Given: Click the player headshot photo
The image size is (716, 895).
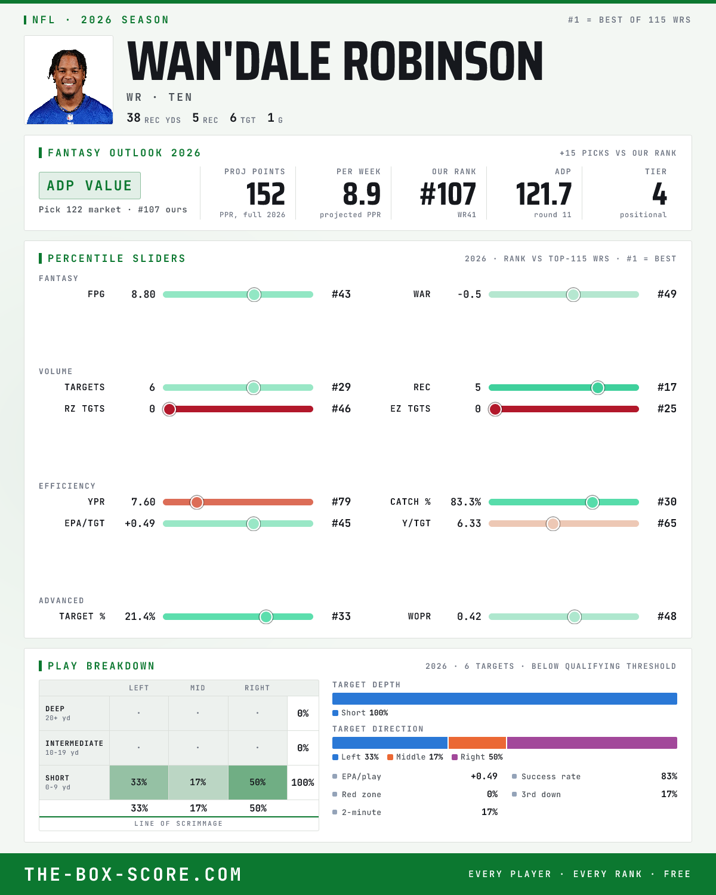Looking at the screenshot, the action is pyautogui.click(x=69, y=79).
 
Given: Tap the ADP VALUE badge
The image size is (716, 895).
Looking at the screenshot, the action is pyautogui.click(x=89, y=186).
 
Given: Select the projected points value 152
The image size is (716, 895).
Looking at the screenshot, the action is pyautogui.click(x=266, y=195).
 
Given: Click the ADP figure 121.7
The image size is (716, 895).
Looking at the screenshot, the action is pyautogui.click(x=544, y=195).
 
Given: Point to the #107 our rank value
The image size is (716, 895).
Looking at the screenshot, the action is pyautogui.click(x=447, y=195).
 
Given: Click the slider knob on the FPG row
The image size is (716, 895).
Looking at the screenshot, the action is pyautogui.click(x=254, y=294).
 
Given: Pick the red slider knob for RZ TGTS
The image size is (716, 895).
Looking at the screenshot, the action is pyautogui.click(x=169, y=409).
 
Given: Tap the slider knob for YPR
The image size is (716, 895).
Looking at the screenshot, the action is pyautogui.click(x=197, y=502).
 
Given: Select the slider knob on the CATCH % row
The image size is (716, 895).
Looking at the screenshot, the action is pyautogui.click(x=592, y=502).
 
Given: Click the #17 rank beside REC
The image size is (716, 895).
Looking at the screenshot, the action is pyautogui.click(x=667, y=387).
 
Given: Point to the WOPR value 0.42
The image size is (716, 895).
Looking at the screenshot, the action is pyautogui.click(x=469, y=616).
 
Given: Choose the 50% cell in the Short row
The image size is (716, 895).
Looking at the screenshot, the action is pyautogui.click(x=258, y=782).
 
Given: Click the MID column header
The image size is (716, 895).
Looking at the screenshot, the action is pyautogui.click(x=197, y=688).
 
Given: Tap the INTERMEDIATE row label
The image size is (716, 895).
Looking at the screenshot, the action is pyautogui.click(x=74, y=743).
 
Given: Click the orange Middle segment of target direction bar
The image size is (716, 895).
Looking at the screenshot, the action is pyautogui.click(x=477, y=743).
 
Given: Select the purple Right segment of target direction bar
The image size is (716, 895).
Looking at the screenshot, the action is pyautogui.click(x=592, y=743).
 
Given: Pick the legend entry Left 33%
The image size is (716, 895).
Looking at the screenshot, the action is pyautogui.click(x=356, y=757).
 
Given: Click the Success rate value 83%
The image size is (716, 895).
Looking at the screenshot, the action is pyautogui.click(x=669, y=776).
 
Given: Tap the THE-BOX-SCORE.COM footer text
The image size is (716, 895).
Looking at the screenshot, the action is pyautogui.click(x=133, y=874).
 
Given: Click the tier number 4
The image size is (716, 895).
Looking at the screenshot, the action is pyautogui.click(x=659, y=195).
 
